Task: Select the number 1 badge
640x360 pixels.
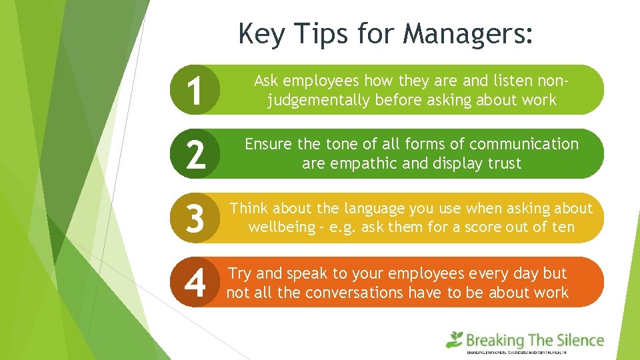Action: (195, 91)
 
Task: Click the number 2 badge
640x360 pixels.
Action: (195, 154)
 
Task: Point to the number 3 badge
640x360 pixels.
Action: (195, 218)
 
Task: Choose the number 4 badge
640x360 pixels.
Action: (195, 283)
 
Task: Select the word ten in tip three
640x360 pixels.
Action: (563, 227)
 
